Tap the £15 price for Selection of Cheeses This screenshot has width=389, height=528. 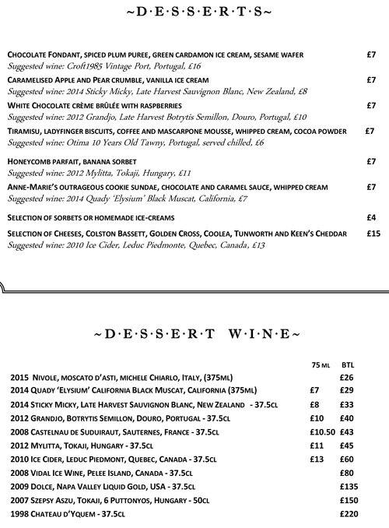[x=373, y=234]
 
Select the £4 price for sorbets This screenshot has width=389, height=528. [x=372, y=216]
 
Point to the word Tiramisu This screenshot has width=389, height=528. [x=24, y=131]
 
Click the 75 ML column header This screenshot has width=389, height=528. [x=321, y=364]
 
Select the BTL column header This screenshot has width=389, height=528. [x=348, y=364]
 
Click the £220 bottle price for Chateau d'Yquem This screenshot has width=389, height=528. [x=351, y=515]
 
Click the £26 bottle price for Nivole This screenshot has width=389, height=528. [x=348, y=378]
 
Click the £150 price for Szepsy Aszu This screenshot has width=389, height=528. [x=351, y=501]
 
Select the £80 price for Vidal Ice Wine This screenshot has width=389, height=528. [x=348, y=473]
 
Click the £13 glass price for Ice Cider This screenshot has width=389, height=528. [x=317, y=459]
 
